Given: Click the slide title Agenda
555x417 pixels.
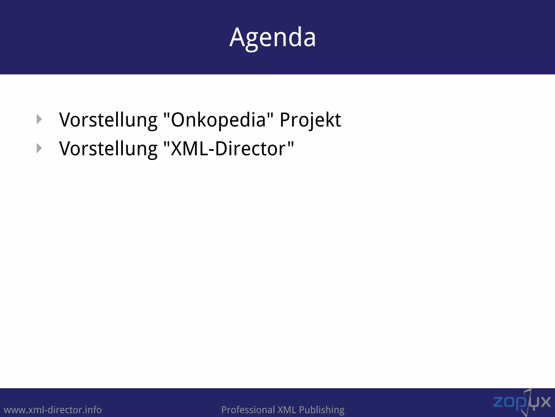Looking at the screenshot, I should click(273, 37).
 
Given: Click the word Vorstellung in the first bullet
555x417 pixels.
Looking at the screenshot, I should click(108, 120).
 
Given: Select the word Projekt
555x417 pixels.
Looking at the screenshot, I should click(310, 120).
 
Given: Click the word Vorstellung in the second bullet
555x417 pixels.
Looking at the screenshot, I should click(108, 149).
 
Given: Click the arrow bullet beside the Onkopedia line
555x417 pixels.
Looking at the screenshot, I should click(40, 119).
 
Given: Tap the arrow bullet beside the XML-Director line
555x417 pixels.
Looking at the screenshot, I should click(40, 148).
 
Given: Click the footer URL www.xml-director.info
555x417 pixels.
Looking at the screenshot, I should click(53, 410).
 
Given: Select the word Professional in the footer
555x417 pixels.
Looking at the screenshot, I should click(248, 410).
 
